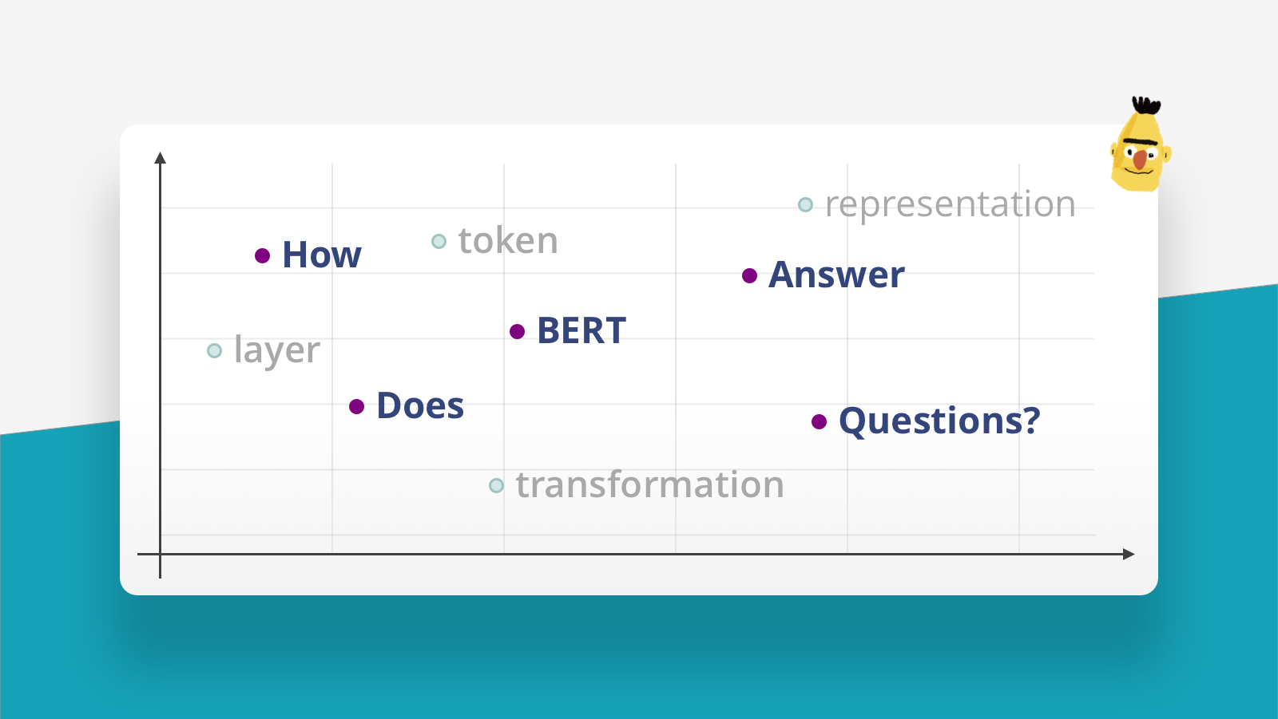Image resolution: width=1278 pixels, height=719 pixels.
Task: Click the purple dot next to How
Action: click(262, 255)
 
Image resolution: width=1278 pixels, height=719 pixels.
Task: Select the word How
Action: click(322, 255)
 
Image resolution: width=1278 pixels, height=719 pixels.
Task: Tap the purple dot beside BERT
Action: click(517, 331)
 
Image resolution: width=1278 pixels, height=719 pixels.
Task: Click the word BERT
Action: click(581, 331)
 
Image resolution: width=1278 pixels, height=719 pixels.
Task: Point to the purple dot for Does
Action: click(357, 407)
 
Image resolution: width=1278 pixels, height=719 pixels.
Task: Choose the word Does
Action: click(420, 406)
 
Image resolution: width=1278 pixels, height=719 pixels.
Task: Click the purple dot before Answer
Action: click(749, 276)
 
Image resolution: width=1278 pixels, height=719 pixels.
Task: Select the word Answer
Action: click(836, 275)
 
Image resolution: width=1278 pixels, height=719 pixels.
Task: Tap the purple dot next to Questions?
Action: click(819, 421)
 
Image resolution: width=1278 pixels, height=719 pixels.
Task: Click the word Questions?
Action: click(939, 421)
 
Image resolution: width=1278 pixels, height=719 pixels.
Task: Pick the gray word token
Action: click(508, 241)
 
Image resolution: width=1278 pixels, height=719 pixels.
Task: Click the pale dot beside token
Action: click(439, 242)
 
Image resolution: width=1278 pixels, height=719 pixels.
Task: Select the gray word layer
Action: click(277, 351)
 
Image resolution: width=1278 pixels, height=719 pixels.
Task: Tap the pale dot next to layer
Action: click(214, 351)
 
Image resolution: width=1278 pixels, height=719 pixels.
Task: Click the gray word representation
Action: click(951, 205)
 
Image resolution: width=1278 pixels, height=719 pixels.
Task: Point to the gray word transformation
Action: click(650, 485)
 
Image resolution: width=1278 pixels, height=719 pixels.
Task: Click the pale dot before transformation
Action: click(496, 485)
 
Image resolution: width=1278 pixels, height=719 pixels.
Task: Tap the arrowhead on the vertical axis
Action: click(161, 157)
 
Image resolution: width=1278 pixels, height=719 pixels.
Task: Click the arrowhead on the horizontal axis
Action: click(1128, 554)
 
